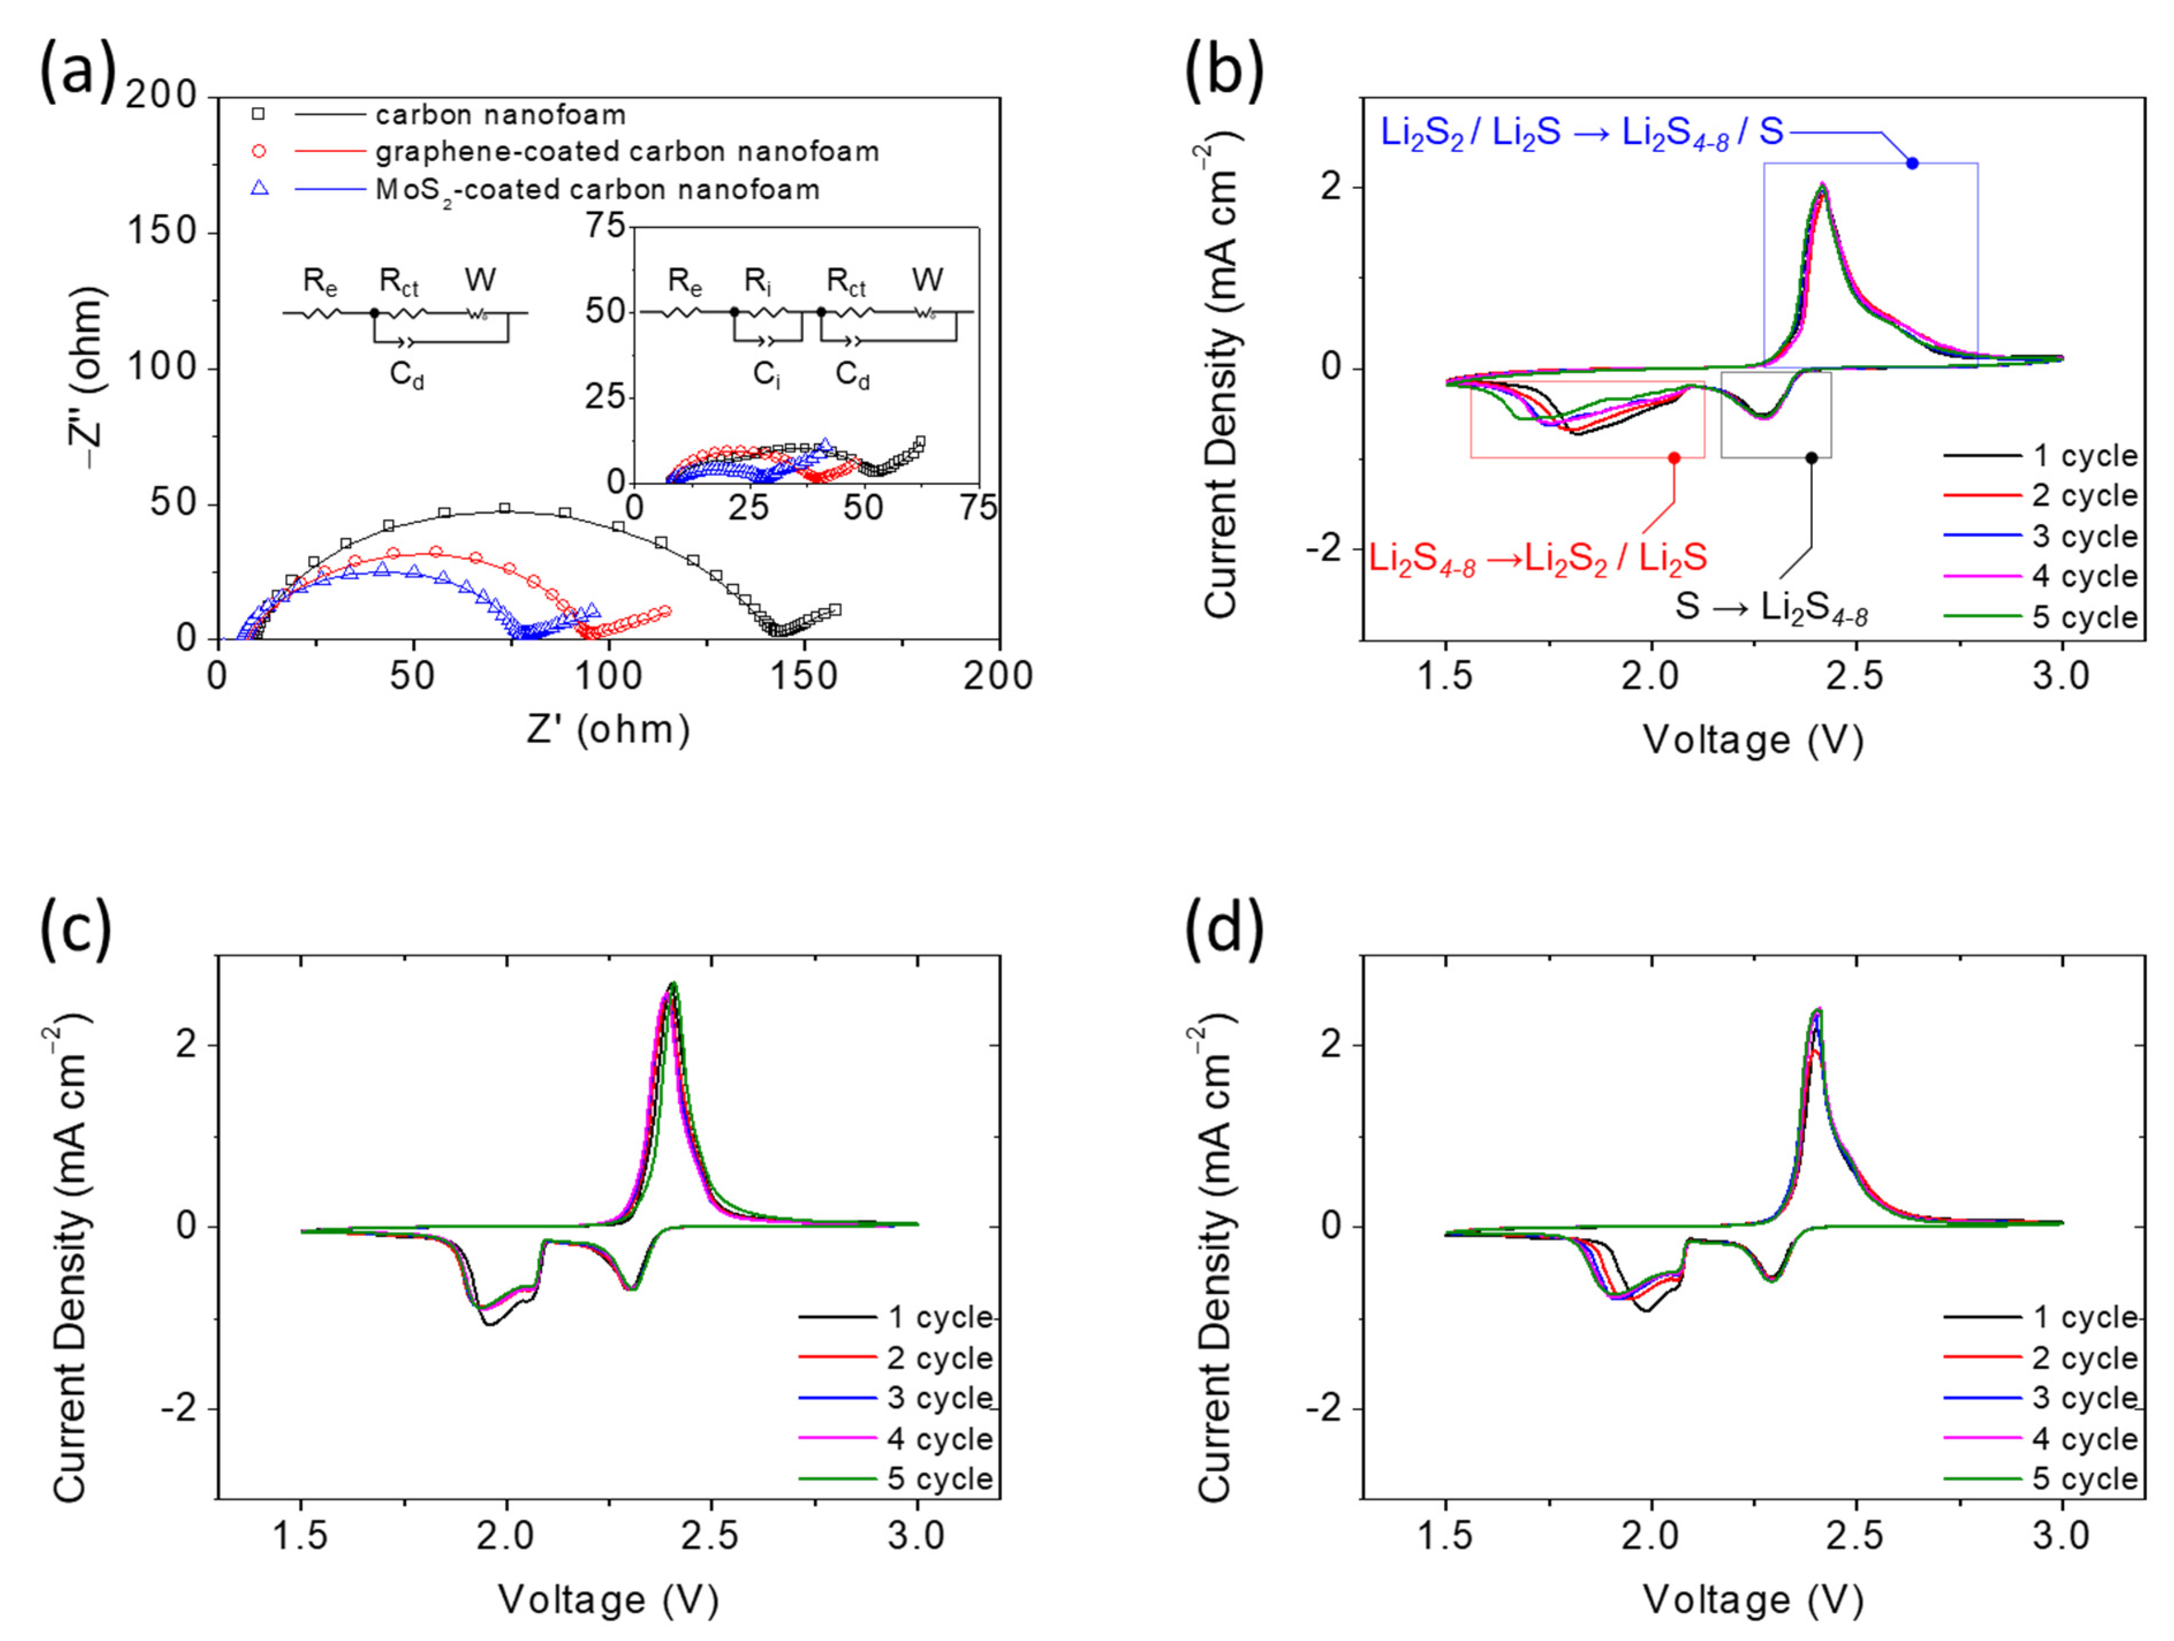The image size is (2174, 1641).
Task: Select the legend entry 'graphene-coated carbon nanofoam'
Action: [626, 151]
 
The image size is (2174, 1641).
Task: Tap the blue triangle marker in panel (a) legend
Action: [260, 188]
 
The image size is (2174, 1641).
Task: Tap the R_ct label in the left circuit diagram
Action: [399, 282]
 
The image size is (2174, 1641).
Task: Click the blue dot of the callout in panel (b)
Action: [1911, 163]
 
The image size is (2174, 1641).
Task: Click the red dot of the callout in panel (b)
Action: [1674, 458]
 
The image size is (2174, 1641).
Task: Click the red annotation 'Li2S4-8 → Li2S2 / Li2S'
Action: [1538, 559]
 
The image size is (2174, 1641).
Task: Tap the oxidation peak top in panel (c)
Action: [672, 983]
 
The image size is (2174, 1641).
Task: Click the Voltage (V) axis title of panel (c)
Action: [608, 1599]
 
